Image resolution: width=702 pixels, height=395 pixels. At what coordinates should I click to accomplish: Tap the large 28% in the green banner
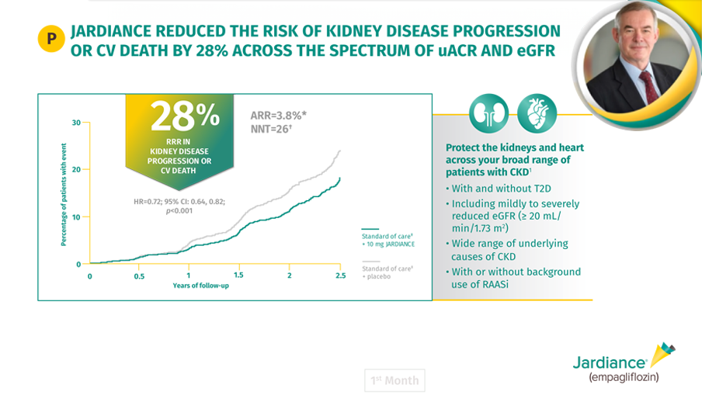184,116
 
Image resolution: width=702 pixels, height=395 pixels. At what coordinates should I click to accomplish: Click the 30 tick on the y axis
76,123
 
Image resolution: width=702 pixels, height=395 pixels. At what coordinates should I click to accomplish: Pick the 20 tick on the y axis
76,170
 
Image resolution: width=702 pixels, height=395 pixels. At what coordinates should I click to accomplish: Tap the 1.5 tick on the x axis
239,275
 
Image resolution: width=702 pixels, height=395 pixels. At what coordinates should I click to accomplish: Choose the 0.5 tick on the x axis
139,275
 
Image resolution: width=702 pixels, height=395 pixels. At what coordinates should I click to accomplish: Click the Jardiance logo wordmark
610,362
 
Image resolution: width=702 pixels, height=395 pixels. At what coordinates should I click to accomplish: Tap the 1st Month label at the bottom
394,380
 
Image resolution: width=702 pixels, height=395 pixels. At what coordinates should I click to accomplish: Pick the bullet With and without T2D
498,188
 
